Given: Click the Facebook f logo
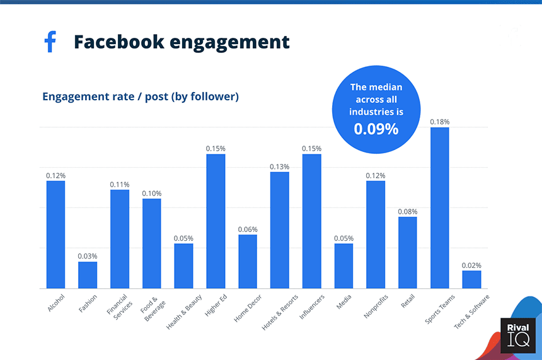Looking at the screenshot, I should point(50,42).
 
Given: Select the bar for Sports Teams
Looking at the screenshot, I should point(439,208).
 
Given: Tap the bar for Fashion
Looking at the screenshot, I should point(88,275).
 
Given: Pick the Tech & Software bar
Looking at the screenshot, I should point(471,279).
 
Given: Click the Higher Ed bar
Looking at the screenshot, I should point(216,221).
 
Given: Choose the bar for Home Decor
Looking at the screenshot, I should point(248,262).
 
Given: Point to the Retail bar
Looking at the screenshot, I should point(407,252).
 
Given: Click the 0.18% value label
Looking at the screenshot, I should point(439,122).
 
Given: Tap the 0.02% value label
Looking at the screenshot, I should point(471,265).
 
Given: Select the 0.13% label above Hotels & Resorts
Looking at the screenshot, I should point(280,166).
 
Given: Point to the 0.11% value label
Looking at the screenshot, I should point(120,184).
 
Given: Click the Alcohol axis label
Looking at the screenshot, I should point(56,302).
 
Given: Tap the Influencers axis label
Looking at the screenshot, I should point(311,306).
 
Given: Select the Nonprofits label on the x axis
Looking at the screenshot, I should point(376,306).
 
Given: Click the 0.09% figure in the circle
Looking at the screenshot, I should point(376,129).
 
